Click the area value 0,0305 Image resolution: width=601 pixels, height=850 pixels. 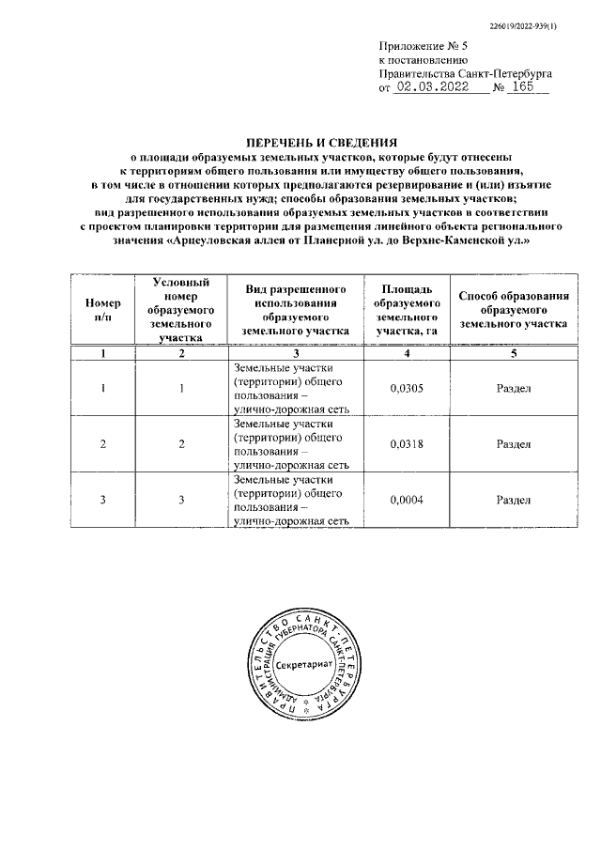coord(405,388)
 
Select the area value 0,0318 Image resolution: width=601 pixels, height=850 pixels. coord(405,444)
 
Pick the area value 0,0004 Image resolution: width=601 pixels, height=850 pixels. coord(405,500)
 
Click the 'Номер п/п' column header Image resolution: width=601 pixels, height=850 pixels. coord(103,310)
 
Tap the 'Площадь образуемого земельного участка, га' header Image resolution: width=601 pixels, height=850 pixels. coord(405,310)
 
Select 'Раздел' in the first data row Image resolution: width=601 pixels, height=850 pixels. coord(513,388)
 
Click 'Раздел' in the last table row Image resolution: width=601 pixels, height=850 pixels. coord(513,500)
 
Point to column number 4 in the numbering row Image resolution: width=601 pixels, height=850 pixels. coord(405,352)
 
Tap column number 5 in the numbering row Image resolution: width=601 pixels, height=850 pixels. coord(513,352)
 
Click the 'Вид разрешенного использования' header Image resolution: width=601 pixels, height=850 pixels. coord(293,310)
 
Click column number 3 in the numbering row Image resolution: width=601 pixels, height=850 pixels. coord(293,352)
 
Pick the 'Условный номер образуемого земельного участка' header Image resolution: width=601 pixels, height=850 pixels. coord(181,308)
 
